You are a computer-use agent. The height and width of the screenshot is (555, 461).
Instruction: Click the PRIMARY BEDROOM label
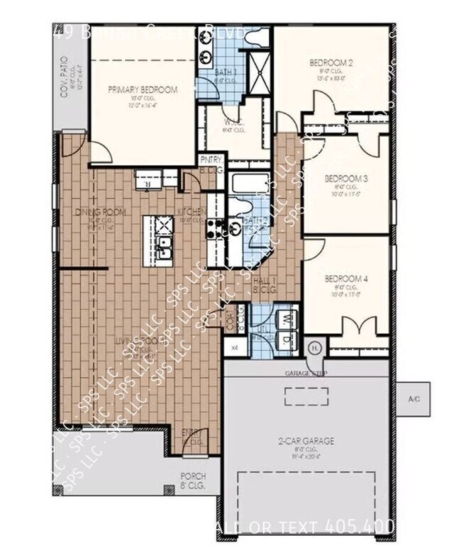click(x=143, y=90)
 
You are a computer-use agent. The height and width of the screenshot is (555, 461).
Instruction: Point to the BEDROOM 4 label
click(x=345, y=279)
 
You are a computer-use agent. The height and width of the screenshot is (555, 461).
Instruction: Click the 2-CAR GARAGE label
click(x=306, y=440)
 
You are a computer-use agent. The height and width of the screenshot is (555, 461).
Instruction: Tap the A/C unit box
click(x=414, y=400)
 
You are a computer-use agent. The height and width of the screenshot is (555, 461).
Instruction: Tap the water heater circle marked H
click(x=316, y=347)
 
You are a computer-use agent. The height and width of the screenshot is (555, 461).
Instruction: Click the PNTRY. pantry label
click(x=209, y=159)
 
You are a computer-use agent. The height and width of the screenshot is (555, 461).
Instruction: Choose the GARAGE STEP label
click(x=306, y=373)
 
